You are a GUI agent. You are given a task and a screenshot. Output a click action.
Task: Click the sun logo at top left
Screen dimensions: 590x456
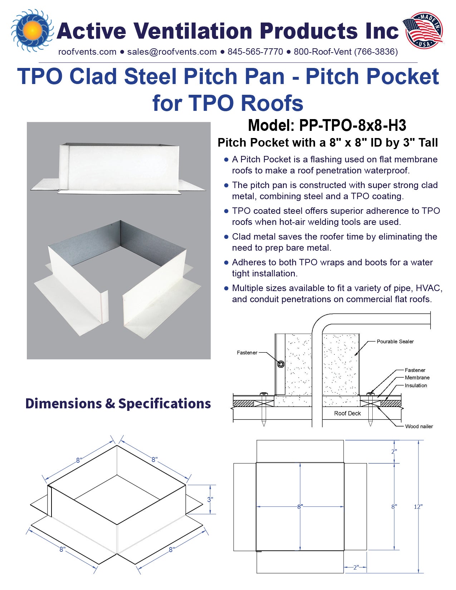(32, 31)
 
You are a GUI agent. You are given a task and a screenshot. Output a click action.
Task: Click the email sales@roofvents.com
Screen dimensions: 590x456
(172, 52)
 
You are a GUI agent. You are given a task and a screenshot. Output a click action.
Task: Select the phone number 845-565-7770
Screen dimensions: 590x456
(255, 52)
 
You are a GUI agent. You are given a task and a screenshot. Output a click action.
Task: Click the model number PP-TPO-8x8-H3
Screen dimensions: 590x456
(352, 126)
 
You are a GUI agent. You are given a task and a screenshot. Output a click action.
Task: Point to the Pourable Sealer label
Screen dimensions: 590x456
(395, 341)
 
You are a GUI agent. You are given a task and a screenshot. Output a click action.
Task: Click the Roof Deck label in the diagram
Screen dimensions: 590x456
(347, 413)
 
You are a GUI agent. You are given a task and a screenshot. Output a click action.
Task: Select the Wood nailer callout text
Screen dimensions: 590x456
(419, 426)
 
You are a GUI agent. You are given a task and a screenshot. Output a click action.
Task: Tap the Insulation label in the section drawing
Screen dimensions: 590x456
(416, 385)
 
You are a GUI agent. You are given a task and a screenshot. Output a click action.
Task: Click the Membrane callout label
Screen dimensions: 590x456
(417, 378)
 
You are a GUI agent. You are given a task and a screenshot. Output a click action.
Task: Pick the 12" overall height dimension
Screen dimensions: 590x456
(418, 507)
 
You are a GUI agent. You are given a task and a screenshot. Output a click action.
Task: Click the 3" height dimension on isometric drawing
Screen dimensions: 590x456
(210, 499)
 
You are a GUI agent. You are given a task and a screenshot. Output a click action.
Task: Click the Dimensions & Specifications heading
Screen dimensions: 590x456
(118, 403)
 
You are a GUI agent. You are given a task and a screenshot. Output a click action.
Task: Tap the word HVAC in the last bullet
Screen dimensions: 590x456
(429, 288)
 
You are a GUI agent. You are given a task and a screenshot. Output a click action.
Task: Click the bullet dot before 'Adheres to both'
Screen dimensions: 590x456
(226, 262)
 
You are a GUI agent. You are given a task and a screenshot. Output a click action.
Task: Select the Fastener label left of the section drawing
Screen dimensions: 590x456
(247, 353)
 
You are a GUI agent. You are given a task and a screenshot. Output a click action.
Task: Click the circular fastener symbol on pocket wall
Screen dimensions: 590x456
(281, 364)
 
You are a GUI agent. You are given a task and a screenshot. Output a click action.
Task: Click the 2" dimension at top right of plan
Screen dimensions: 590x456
(394, 452)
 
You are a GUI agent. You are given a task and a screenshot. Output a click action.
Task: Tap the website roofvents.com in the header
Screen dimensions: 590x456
(87, 52)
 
